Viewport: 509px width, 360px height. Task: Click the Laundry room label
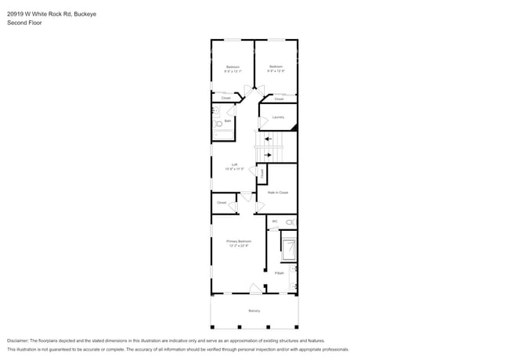pos(277,118)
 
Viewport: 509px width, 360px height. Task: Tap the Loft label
pos(234,164)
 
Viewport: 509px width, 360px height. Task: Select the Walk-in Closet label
pos(277,192)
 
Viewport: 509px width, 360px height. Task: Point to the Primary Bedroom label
pos(239,241)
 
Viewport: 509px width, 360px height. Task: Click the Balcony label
pos(254,311)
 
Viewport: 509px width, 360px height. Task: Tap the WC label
pos(275,221)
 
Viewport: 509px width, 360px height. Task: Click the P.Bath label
pos(279,273)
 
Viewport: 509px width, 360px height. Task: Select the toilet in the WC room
pos(290,223)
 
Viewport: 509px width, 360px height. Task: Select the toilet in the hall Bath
pos(217,124)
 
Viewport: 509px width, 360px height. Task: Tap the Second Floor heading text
pos(24,23)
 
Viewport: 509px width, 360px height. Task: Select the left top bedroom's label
pos(233,67)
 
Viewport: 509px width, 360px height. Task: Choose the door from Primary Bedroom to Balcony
pos(254,289)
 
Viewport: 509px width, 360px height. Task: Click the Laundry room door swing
pos(263,122)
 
